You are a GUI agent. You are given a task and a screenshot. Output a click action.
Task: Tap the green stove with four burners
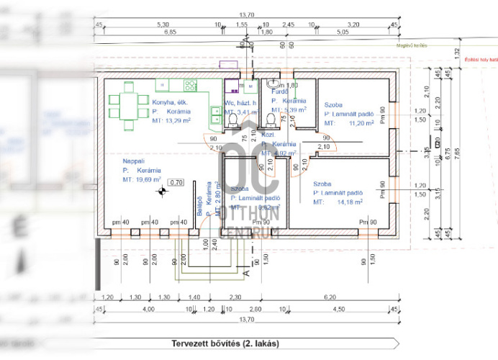click(191, 85)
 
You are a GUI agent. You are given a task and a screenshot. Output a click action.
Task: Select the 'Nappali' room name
click(135, 161)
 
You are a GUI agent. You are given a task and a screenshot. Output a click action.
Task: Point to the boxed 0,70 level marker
click(176, 182)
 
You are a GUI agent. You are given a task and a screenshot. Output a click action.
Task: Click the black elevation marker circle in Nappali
click(163, 191)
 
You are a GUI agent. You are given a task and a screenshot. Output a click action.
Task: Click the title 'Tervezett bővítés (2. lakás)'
click(225, 343)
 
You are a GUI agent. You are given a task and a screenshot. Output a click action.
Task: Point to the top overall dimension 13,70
click(246, 14)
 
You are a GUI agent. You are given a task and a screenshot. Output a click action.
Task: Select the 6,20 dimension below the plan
click(331, 297)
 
